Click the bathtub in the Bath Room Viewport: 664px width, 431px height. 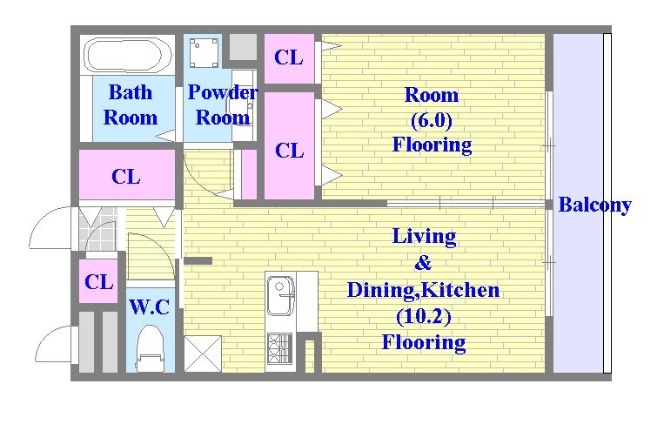pyautogui.click(x=128, y=56)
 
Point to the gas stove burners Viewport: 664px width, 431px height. pyautogui.click(x=279, y=349)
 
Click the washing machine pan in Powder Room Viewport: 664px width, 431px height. pyautogui.click(x=204, y=53)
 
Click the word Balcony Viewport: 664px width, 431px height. pyautogui.click(x=595, y=205)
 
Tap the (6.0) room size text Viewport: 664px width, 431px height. pyautogui.click(x=432, y=120)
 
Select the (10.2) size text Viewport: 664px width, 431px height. pyautogui.click(x=424, y=316)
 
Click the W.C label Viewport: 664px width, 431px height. pyautogui.click(x=150, y=307)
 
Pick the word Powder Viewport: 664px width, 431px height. pyautogui.click(x=223, y=92)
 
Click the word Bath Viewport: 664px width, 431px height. pyautogui.click(x=131, y=92)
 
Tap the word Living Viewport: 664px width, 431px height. pyautogui.click(x=424, y=237)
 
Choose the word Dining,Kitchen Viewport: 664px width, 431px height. pyautogui.click(x=424, y=290)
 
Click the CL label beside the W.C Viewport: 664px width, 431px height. pyautogui.click(x=98, y=282)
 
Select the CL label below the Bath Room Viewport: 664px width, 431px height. pyautogui.click(x=126, y=177)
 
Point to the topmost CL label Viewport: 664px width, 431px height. pyautogui.click(x=289, y=57)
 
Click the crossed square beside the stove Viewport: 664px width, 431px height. pyautogui.click(x=203, y=354)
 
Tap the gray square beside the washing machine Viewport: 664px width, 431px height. pyautogui.click(x=243, y=46)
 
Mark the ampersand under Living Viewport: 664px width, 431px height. pyautogui.click(x=423, y=263)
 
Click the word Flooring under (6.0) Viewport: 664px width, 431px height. pyautogui.click(x=432, y=145)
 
